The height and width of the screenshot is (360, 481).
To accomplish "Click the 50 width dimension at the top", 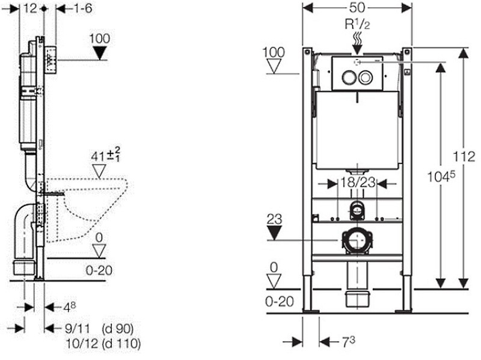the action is [x=357, y=8].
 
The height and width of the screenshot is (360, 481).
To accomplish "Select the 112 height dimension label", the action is [x=464, y=157].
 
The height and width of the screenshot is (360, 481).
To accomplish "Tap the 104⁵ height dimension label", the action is [x=441, y=176].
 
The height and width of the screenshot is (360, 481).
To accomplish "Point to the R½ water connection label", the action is [x=357, y=24].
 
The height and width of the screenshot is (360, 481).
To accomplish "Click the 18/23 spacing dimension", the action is [x=358, y=183].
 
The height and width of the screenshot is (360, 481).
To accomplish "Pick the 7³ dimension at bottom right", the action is [x=349, y=342].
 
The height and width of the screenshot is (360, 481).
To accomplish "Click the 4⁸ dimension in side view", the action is [x=69, y=307].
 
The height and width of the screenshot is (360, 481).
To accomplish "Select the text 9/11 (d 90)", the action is [x=99, y=329].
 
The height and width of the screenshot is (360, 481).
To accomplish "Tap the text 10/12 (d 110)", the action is [x=103, y=343].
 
